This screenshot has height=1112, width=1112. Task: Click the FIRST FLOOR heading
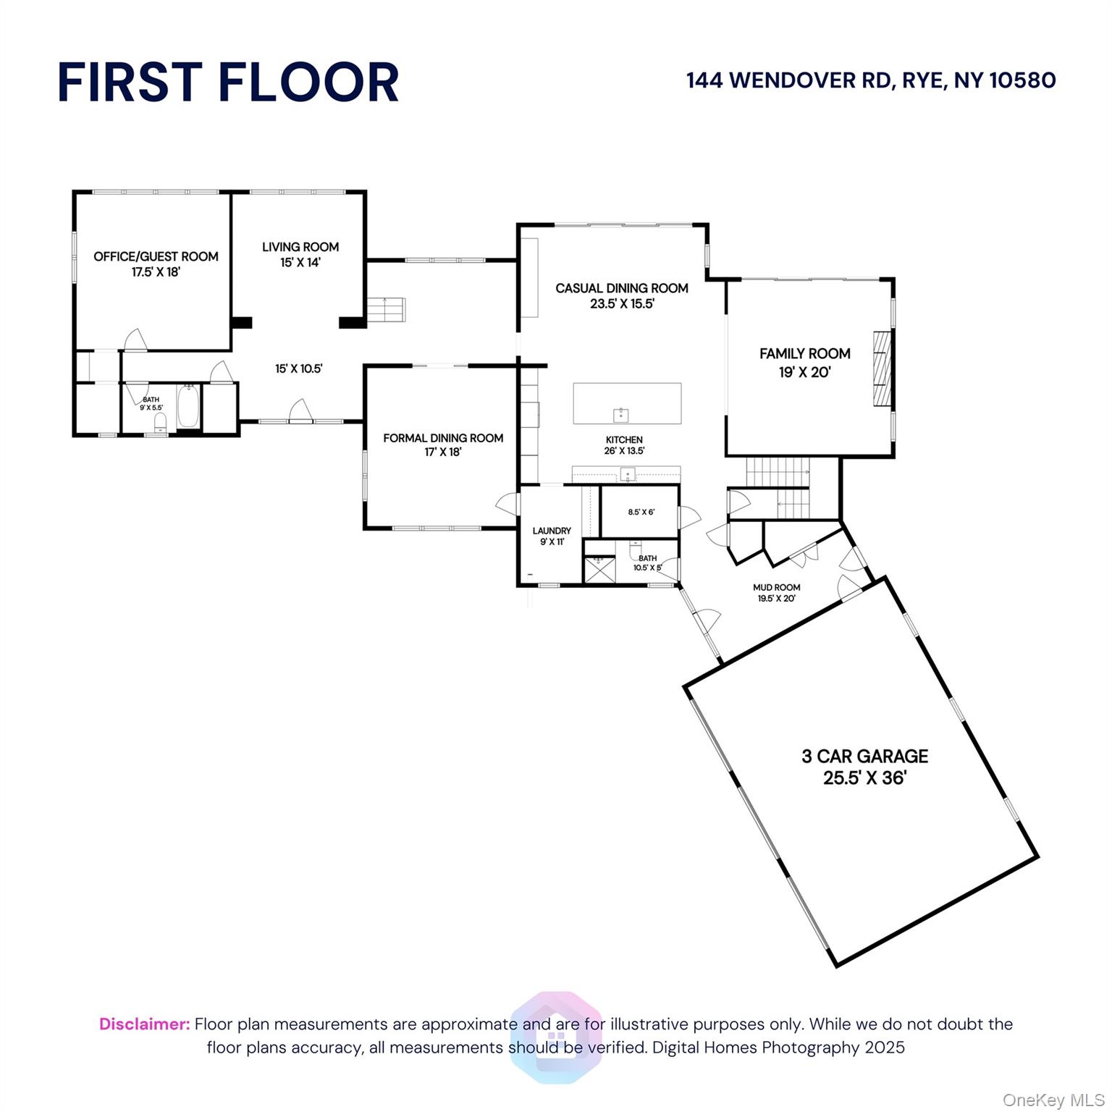pyautogui.click(x=228, y=82)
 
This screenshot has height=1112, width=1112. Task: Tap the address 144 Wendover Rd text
pyautogui.click(x=871, y=80)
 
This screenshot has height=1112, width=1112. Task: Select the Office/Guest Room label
pyautogui.click(x=156, y=264)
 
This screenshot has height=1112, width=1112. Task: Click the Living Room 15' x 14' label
pyautogui.click(x=300, y=254)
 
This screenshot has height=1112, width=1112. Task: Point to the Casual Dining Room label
pyautogui.click(x=622, y=295)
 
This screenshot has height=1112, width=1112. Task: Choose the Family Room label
pyautogui.click(x=804, y=363)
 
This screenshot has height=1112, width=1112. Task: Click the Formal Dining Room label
pyautogui.click(x=443, y=445)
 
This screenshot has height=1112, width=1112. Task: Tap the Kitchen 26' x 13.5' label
pyautogui.click(x=624, y=445)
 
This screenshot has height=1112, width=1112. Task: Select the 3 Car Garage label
pyautogui.click(x=864, y=767)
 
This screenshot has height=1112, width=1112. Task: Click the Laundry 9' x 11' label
pyautogui.click(x=552, y=536)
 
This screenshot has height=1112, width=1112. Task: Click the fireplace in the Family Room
pyautogui.click(x=881, y=369)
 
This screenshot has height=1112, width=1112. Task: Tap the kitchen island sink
pyautogui.click(x=621, y=415)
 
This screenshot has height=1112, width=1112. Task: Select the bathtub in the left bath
pyautogui.click(x=188, y=408)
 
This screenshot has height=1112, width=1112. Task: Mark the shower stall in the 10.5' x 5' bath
pyautogui.click(x=598, y=569)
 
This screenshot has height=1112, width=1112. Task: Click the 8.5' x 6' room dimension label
pyautogui.click(x=641, y=512)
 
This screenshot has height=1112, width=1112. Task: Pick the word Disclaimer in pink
pyautogui.click(x=144, y=1024)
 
